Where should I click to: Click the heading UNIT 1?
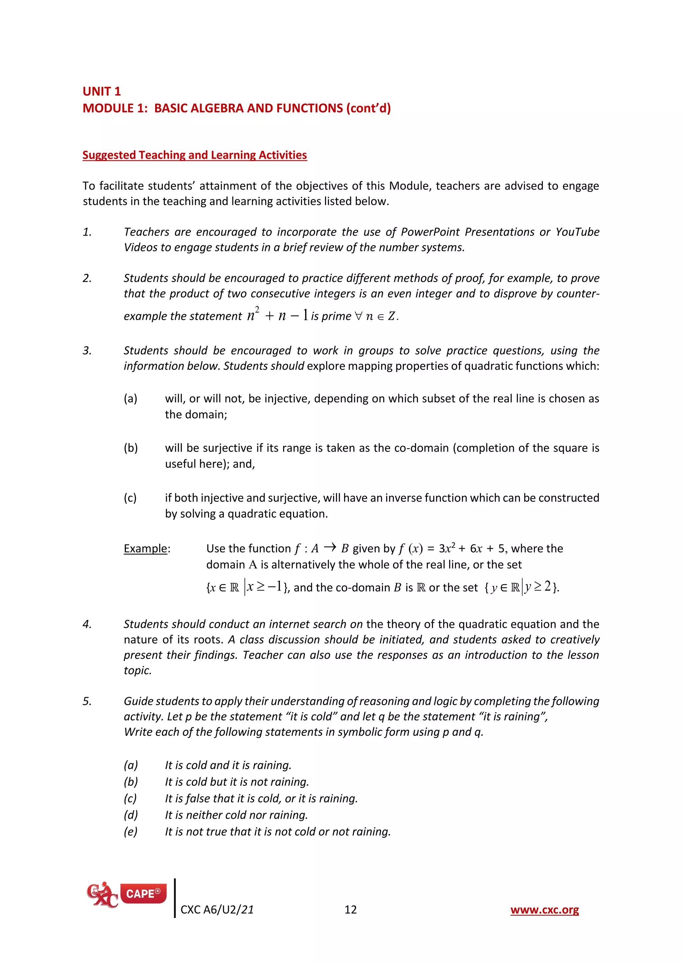(x=102, y=91)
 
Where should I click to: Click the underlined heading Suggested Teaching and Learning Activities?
(x=194, y=155)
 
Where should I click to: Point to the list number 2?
(x=87, y=278)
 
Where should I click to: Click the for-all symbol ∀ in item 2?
(x=358, y=316)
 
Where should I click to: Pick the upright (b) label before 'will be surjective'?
(x=131, y=448)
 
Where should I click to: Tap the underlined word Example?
(x=145, y=548)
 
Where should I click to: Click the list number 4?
(x=87, y=624)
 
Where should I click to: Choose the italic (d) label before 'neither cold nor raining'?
(x=131, y=815)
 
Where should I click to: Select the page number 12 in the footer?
(x=350, y=910)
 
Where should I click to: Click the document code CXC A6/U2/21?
(x=217, y=910)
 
